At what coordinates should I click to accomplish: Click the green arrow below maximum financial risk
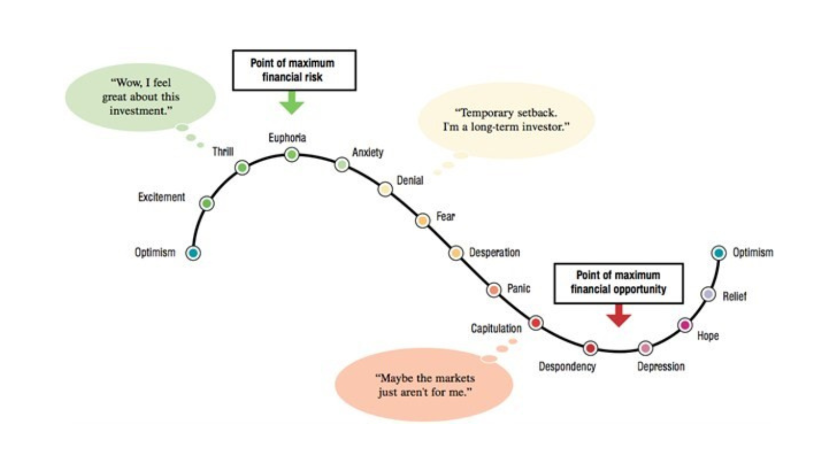292,103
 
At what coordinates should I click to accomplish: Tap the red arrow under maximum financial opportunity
619,315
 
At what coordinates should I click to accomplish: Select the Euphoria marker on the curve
292,154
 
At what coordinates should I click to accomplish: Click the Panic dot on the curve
494,289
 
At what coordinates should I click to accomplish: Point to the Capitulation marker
535,323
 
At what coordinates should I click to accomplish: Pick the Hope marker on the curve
685,325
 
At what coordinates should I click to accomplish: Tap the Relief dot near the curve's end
708,295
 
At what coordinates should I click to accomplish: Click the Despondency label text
567,366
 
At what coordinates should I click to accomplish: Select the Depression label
660,366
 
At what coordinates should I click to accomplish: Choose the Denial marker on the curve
385,189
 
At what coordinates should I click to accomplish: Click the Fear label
446,216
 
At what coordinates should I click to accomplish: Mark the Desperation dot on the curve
456,253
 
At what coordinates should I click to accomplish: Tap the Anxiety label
368,152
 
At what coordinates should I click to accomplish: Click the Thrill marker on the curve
242,167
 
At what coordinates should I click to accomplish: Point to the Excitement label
161,197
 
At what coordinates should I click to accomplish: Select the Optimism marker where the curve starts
193,253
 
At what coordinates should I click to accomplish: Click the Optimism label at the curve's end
753,252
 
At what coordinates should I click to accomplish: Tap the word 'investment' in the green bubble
138,111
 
